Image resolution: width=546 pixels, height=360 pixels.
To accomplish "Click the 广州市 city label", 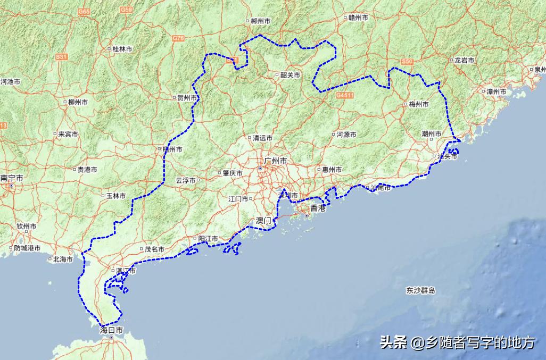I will [276, 161].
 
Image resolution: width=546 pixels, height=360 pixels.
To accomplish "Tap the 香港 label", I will [318, 208].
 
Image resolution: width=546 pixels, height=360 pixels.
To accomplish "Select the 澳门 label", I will [263, 220].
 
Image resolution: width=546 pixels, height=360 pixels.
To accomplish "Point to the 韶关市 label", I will [291, 75].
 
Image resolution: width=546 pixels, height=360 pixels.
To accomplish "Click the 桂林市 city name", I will [122, 49].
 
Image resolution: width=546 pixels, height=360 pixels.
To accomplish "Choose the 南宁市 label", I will [11, 178].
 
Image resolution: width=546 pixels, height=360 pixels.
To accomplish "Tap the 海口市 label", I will [111, 330].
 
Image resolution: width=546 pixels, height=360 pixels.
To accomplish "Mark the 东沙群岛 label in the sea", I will [420, 290].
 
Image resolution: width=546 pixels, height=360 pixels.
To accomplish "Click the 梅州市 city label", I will [418, 105].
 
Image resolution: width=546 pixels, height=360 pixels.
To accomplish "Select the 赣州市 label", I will [359, 18].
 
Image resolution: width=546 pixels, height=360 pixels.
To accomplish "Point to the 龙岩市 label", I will [464, 61].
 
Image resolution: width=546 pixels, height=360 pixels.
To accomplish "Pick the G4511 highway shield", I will [345, 95].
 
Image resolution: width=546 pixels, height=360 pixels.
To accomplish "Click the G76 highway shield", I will [178, 38].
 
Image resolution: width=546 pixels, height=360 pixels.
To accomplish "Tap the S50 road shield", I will [407, 62].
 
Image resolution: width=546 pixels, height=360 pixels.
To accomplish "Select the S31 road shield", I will [62, 56].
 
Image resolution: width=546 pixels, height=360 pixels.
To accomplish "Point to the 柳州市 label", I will [74, 102].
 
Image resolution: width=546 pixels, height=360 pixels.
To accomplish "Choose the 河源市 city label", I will [346, 135].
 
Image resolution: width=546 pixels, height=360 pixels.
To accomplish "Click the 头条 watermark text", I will [394, 343].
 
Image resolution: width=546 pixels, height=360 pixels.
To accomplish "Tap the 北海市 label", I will [63, 259].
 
